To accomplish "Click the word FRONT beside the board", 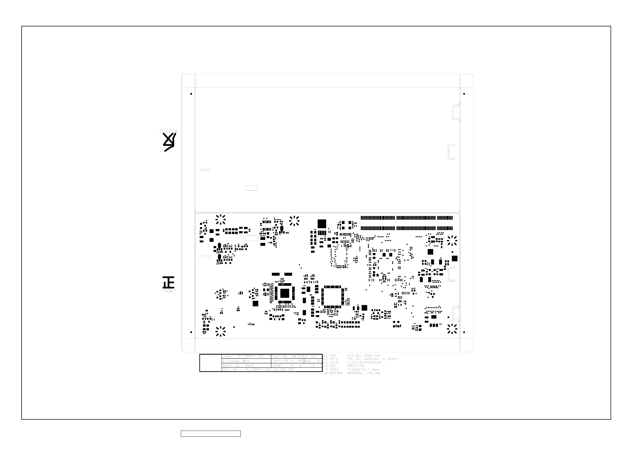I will click(x=169, y=291).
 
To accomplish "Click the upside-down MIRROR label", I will click(x=169, y=130).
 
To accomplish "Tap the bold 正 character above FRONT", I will click(x=169, y=282).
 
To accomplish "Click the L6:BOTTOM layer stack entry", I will click(x=333, y=373).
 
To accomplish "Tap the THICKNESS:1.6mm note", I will click(x=363, y=370).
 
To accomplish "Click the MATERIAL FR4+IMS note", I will click(x=364, y=373).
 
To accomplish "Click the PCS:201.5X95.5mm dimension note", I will click(x=364, y=356).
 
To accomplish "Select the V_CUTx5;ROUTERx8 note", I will click(x=364, y=362).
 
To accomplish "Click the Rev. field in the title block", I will click(x=312, y=361).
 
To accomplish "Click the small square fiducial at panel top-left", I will click(x=191, y=94).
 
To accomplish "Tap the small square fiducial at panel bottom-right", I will click(x=464, y=332).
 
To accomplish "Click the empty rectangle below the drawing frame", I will click(x=211, y=434).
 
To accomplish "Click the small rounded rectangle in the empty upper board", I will click(x=252, y=188).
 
